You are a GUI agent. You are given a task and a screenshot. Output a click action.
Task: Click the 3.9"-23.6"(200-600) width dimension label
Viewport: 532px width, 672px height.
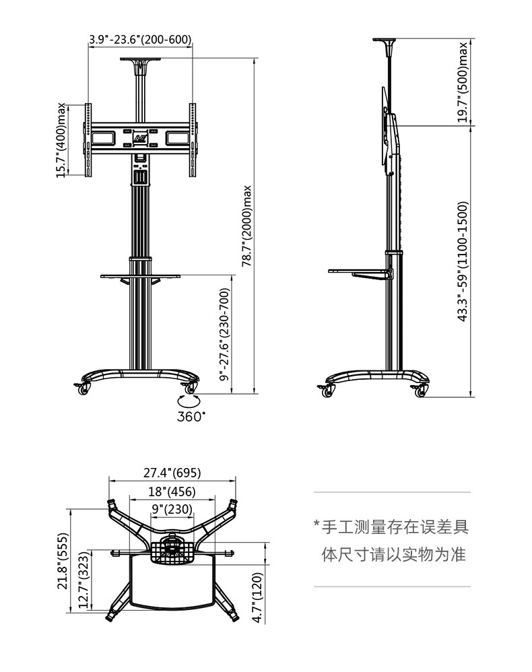click(x=140, y=40)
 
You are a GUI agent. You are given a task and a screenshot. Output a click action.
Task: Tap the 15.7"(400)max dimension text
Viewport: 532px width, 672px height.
click(x=62, y=140)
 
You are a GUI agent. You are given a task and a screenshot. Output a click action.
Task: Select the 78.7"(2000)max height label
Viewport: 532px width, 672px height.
click(x=246, y=226)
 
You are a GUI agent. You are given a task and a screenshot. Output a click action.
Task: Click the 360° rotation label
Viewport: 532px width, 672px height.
click(x=191, y=416)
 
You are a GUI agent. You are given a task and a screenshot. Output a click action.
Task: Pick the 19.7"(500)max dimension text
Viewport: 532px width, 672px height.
click(x=463, y=83)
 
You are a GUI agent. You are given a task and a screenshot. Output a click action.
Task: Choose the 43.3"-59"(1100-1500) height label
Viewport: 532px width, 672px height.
click(x=463, y=261)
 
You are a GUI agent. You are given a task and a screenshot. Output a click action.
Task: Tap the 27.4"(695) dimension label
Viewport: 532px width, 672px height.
click(x=172, y=473)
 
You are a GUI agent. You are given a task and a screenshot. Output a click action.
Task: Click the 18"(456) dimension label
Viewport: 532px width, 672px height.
click(x=172, y=492)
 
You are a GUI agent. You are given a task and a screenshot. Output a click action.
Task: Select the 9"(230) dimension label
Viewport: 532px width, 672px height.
click(x=172, y=509)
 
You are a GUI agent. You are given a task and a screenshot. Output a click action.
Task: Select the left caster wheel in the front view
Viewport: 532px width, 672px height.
click(x=84, y=389)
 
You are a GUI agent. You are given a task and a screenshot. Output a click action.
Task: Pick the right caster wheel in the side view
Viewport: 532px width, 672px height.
click(x=418, y=391)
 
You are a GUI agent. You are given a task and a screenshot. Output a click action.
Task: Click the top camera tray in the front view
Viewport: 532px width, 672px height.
click(x=140, y=62)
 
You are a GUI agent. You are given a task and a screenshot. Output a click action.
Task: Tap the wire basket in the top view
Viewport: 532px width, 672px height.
click(x=172, y=551)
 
